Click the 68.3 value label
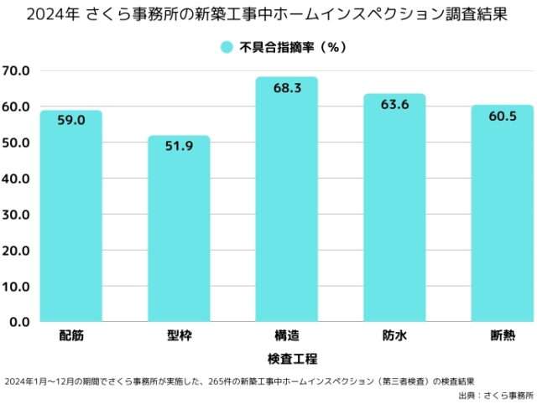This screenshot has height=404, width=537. (x=287, y=88)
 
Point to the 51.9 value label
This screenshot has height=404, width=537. (x=179, y=147)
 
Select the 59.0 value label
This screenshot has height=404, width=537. (x=71, y=121)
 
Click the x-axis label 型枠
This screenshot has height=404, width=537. (x=179, y=337)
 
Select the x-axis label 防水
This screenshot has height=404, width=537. (x=394, y=337)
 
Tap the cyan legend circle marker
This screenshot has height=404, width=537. (x=226, y=48)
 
